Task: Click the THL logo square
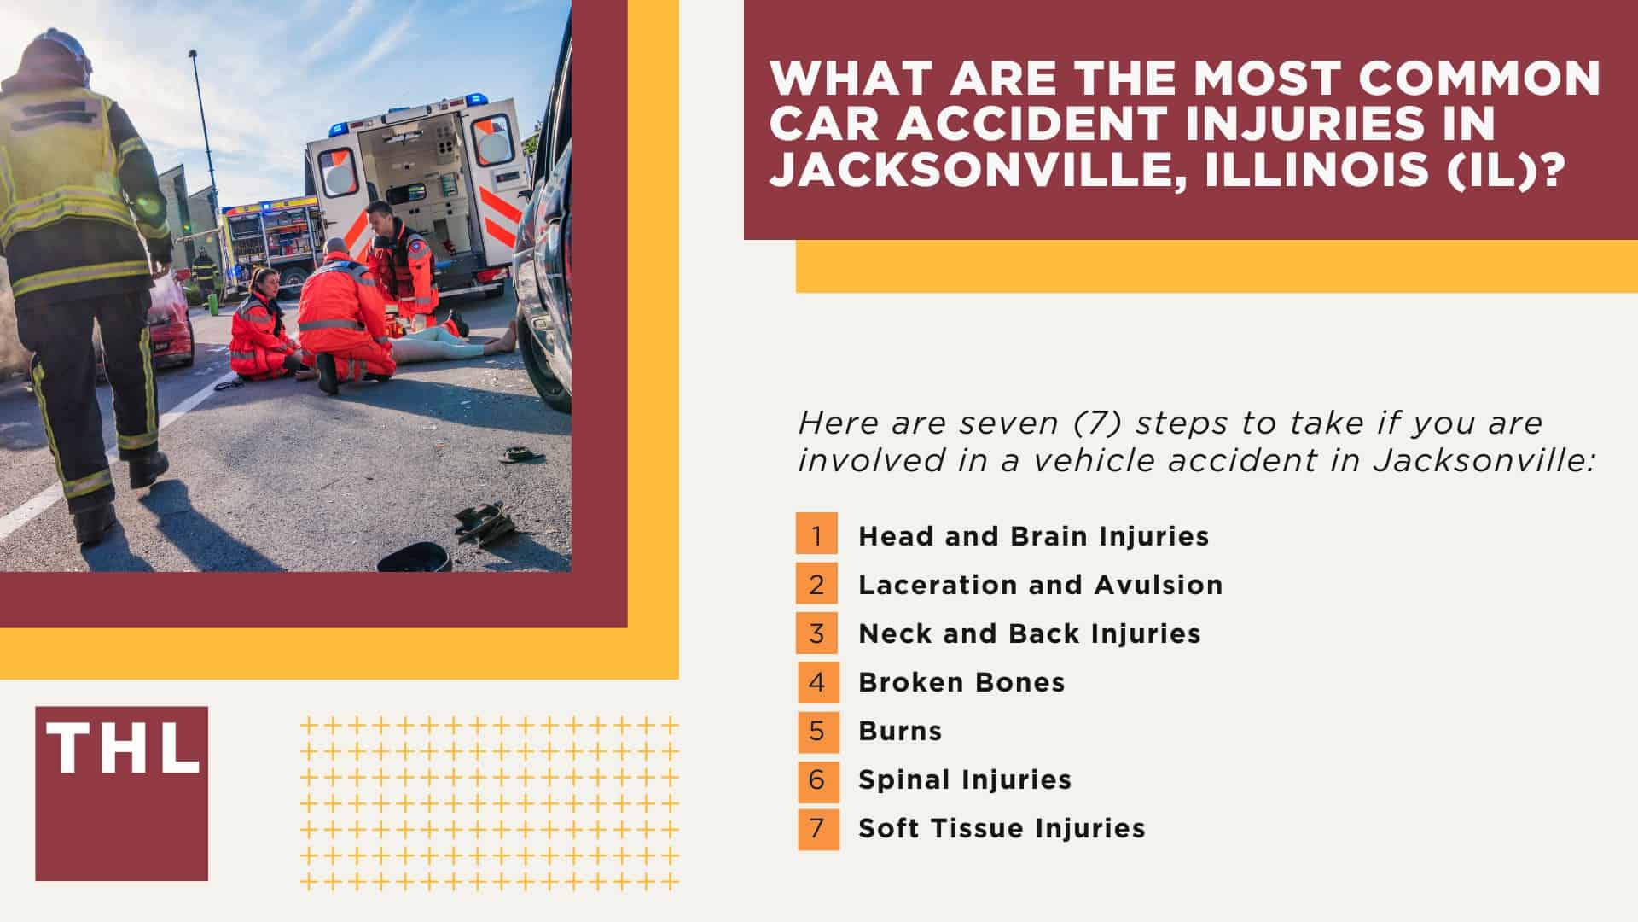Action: coord(121,793)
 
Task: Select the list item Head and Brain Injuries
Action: coord(1033,536)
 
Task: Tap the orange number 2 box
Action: coord(817,584)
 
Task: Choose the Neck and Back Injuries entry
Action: coord(1029,633)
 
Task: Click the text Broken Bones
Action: coord(961,682)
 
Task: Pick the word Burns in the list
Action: coord(900,731)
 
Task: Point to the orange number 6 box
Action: coord(817,779)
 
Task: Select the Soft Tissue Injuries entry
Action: coord(1002,828)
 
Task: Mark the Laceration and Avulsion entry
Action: coord(1040,585)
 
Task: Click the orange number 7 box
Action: coord(817,827)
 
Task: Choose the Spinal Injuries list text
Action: coord(964,779)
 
